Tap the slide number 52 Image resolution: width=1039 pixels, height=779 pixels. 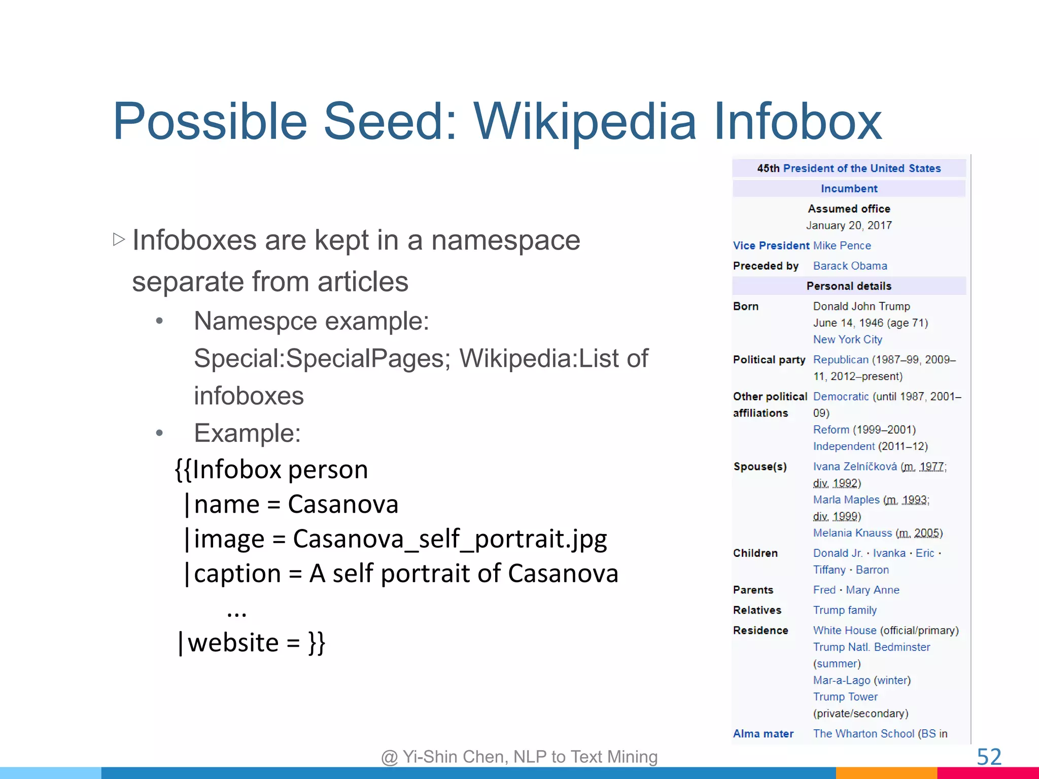pyautogui.click(x=989, y=757)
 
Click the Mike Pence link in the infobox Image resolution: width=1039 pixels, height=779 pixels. pyautogui.click(x=842, y=245)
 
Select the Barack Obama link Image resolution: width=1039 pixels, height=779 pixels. pyautogui.click(x=850, y=266)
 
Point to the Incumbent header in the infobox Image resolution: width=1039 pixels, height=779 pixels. pyautogui.click(x=849, y=189)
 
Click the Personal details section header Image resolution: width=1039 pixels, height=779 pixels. pyautogui.click(x=849, y=286)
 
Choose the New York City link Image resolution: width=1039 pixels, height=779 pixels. pyautogui.click(x=847, y=339)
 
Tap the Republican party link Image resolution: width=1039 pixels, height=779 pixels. pyautogui.click(x=841, y=360)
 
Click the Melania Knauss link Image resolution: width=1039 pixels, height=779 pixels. pyautogui.click(x=852, y=533)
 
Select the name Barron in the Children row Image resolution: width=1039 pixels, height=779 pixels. pyautogui.click(x=872, y=570)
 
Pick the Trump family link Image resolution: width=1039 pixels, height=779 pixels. pyautogui.click(x=845, y=610)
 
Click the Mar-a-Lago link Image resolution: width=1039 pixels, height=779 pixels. pyautogui.click(x=841, y=680)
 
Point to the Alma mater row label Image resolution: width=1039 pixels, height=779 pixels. pyautogui.click(x=763, y=733)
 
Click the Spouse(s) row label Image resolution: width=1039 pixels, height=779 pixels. pyautogui.click(x=759, y=467)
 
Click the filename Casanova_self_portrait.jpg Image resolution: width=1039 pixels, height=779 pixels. pyautogui.click(x=449, y=539)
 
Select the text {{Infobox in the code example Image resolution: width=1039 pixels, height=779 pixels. pyautogui.click(x=228, y=469)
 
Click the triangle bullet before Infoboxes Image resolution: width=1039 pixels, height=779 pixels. pyautogui.click(x=119, y=239)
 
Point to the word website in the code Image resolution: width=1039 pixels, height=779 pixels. pyautogui.click(x=233, y=643)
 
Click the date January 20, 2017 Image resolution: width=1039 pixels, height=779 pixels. pyautogui.click(x=849, y=225)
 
